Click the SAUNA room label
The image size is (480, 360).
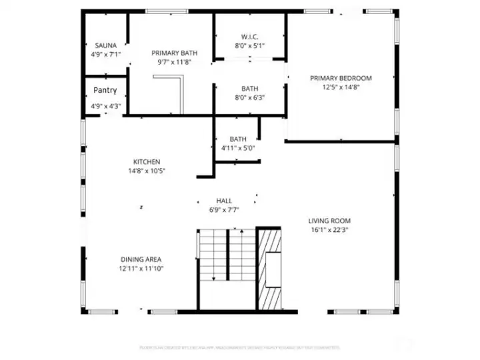pos(105,45)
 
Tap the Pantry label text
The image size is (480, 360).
pos(105,90)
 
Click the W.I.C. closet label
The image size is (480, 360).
pos(250,36)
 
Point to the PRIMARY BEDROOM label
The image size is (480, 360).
pos(341,78)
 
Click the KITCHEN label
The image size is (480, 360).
pos(147,161)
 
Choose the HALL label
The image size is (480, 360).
pos(224,201)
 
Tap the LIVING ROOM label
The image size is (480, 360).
pos(329,221)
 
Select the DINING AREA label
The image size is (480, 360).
pos(141,259)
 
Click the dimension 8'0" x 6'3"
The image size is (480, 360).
pos(250,97)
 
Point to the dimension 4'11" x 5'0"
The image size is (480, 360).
pos(238,148)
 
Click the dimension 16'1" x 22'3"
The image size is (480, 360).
pos(329,230)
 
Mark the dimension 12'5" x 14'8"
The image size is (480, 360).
pos(341,87)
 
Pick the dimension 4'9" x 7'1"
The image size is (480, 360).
pos(105,55)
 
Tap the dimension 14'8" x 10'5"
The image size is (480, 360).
pos(147,171)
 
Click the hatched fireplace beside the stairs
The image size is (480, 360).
pos(270,267)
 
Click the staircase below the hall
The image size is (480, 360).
pos(227,257)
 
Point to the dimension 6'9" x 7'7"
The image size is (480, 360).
pos(224,210)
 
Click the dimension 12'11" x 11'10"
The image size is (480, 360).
pos(141,269)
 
